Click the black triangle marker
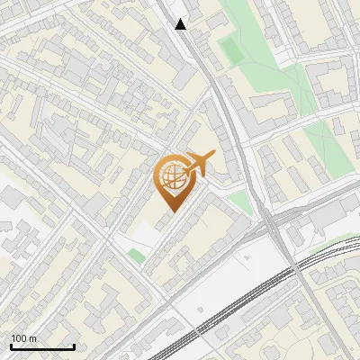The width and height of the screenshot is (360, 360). click(x=181, y=24)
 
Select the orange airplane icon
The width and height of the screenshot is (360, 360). click(x=200, y=163)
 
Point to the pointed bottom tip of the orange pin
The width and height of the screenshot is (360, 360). click(x=171, y=211)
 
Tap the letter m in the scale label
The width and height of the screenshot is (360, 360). click(x=34, y=338)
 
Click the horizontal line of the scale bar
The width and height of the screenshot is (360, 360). click(x=42, y=346)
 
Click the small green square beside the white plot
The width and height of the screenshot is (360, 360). click(x=136, y=256)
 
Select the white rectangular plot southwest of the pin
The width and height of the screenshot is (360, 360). click(x=144, y=236)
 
